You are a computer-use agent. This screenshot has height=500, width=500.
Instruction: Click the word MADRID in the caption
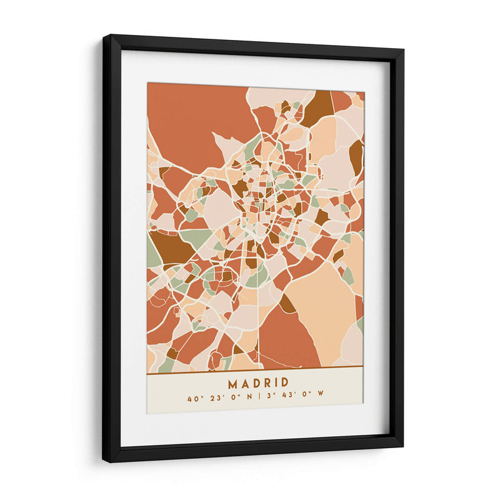coord(258,382)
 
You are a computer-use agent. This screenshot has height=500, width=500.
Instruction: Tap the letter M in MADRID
coord(232,382)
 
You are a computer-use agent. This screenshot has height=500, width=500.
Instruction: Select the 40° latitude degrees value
coord(193,397)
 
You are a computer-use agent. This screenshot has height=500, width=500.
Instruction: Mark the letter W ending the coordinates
coord(321,397)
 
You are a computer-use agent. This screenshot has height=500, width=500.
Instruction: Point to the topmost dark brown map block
coord(319,106)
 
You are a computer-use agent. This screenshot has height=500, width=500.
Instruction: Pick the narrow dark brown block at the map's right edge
coord(356,156)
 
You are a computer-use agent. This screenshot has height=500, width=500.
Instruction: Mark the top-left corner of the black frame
coord(104,36)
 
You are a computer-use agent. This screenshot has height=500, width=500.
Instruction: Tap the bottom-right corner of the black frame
coord(402,445)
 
